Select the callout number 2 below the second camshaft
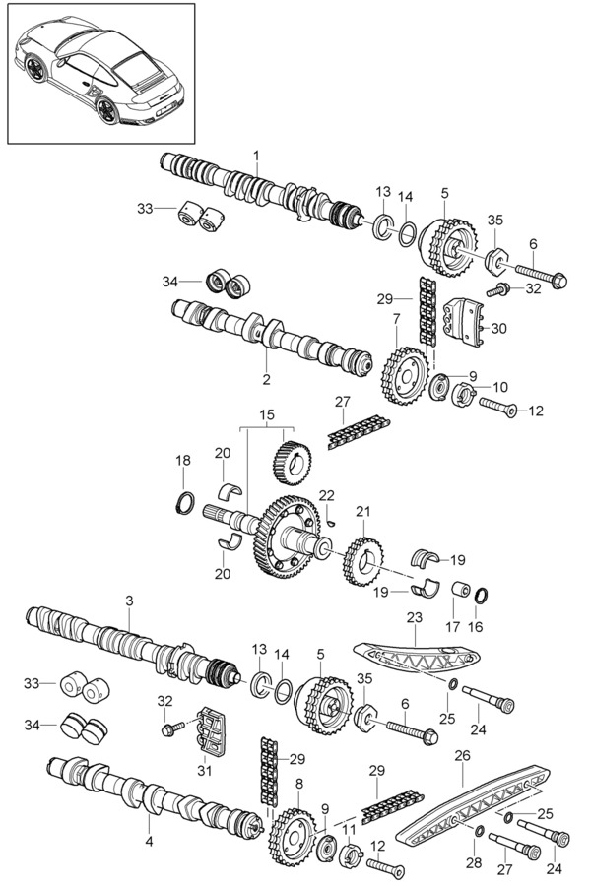[266, 378]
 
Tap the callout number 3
[129, 601]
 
